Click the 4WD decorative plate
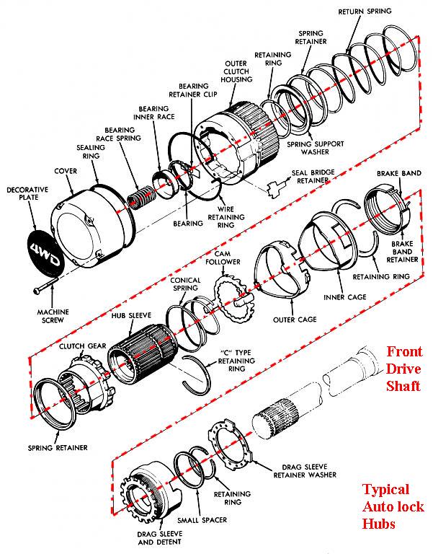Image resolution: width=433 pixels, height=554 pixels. (45, 251)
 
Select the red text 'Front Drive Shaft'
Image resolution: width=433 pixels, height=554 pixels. (403, 369)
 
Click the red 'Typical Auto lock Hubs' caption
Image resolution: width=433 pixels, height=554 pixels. (390, 506)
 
